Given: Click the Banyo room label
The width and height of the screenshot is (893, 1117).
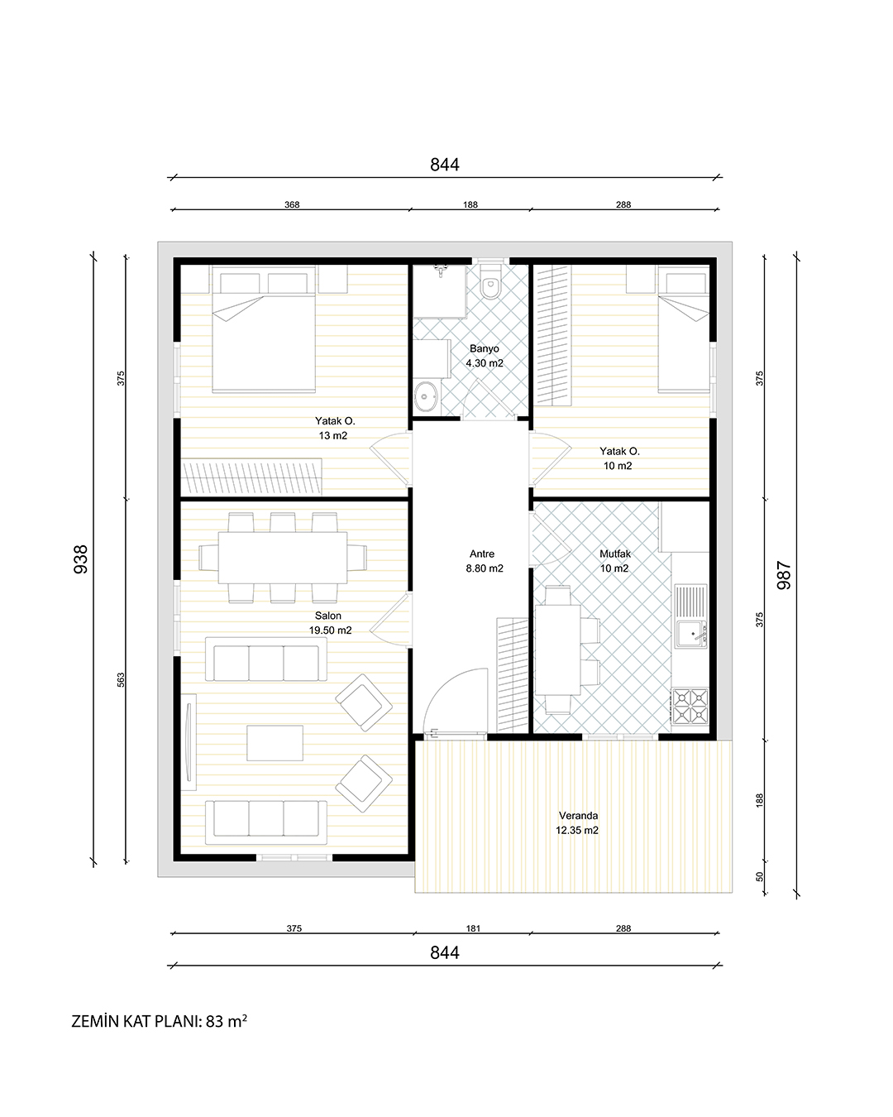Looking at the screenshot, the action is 484,348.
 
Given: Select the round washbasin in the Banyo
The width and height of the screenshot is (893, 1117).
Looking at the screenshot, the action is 426,396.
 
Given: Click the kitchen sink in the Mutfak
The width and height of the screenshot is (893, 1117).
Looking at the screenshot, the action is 690,634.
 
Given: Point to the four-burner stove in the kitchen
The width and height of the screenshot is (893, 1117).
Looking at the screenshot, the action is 690,706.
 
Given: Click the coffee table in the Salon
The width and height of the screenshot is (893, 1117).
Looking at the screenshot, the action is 275,743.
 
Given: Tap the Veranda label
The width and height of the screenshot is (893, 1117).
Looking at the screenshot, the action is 578,816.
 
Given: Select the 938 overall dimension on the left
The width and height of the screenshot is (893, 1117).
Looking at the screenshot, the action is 81,559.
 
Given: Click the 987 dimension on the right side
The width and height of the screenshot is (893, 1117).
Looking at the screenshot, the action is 784,575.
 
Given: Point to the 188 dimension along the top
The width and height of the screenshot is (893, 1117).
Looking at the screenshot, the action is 470,204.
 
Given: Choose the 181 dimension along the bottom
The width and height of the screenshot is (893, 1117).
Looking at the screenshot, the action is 473,928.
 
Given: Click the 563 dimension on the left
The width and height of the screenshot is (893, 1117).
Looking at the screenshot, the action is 121,680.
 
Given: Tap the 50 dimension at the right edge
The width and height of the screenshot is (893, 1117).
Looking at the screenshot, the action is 760,877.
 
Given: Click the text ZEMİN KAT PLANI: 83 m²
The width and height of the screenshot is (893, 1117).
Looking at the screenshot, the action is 159,1021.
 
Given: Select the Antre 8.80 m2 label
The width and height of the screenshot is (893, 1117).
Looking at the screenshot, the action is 484,561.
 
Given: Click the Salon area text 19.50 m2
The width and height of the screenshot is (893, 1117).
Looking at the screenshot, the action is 331,630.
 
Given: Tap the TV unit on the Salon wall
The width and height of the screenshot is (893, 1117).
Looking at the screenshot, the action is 189,741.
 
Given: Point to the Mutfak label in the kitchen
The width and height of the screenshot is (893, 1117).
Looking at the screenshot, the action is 615,554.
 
